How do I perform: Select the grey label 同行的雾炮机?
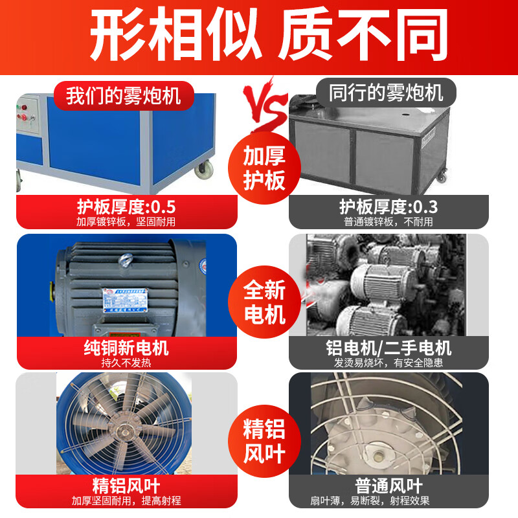[386, 93]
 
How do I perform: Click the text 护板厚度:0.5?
[126, 207]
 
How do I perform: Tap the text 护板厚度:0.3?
[388, 207]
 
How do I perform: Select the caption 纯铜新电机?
[126, 348]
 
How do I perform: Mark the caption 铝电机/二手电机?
[388, 348]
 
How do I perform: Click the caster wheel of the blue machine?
[205, 170]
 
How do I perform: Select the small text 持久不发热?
[126, 363]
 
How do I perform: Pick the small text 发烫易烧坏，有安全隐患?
[388, 363]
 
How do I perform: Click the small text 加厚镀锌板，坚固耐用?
[126, 221]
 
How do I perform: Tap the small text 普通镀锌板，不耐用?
[388, 221]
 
